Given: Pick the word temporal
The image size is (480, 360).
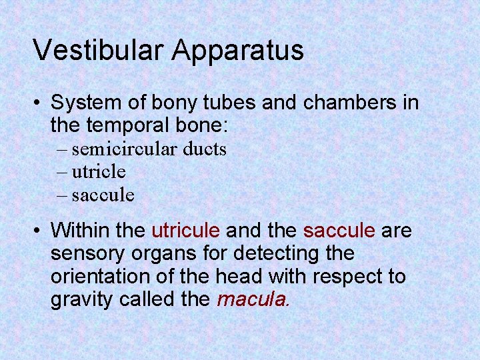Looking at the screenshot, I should coord(133,125).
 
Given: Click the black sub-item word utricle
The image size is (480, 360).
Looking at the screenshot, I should coord(99,172).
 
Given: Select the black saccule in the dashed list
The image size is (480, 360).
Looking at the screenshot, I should coord(103,195).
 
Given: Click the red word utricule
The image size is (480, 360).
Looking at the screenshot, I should coord(186,231).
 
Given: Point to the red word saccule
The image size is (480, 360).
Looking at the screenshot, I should coord(339,231).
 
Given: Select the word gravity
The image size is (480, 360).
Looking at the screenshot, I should coord(82,300).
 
